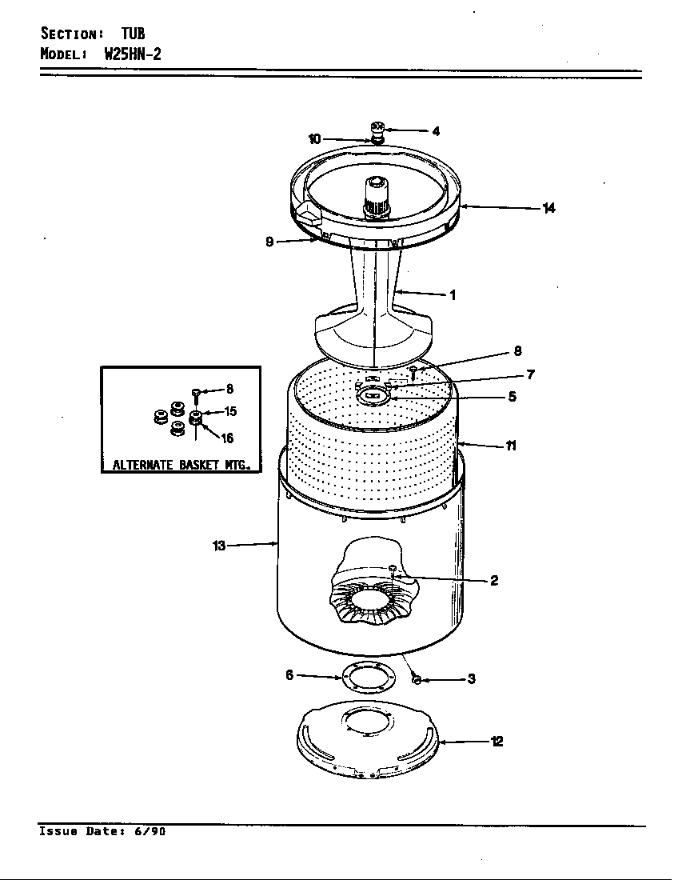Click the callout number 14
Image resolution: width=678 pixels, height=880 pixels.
pyautogui.click(x=548, y=208)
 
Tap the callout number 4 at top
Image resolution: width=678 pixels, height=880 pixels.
pyautogui.click(x=436, y=131)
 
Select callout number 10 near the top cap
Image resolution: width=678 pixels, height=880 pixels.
pyautogui.click(x=314, y=139)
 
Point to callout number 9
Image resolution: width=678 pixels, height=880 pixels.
pyautogui.click(x=270, y=242)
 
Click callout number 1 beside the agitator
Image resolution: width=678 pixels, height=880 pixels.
pyautogui.click(x=453, y=295)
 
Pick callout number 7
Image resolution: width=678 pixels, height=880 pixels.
pyautogui.click(x=530, y=374)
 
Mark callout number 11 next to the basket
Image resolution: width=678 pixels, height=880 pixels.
pyautogui.click(x=510, y=446)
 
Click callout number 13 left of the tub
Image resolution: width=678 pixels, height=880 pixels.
pyautogui.click(x=219, y=546)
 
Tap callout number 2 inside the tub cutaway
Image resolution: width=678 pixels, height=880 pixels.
pyautogui.click(x=494, y=581)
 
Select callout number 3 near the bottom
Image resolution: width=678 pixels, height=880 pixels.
pyautogui.click(x=472, y=679)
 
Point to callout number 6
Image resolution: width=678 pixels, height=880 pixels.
pyautogui.click(x=289, y=675)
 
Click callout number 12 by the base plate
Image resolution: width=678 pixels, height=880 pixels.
pyautogui.click(x=497, y=742)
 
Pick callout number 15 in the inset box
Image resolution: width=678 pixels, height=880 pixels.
pyautogui.click(x=229, y=412)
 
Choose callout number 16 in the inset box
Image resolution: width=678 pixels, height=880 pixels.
pyautogui.click(x=228, y=438)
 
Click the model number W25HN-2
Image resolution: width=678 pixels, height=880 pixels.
pyautogui.click(x=133, y=55)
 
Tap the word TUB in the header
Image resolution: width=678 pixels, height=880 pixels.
pyautogui.click(x=133, y=34)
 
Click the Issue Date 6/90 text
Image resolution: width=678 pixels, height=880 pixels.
pyautogui.click(x=102, y=831)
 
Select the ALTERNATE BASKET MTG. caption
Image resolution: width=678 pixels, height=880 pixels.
pyautogui.click(x=181, y=464)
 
